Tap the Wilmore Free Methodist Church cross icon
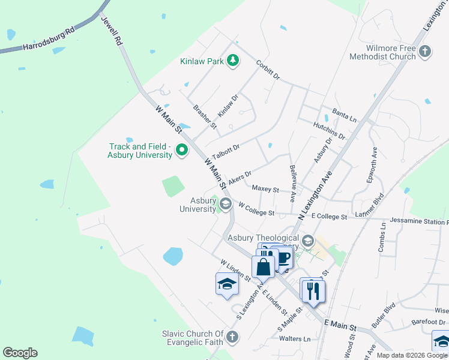[425, 51]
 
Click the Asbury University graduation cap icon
[226, 204]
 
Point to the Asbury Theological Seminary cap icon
[308, 241]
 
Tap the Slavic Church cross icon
[232, 337]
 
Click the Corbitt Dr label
[268, 69]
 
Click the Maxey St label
[265, 190]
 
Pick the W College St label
[256, 209]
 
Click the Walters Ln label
[295, 339]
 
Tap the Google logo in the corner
[20, 353]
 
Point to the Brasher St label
[204, 116]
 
